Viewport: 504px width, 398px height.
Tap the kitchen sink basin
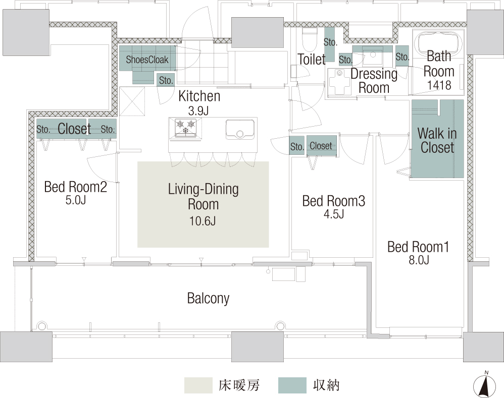click(x=240, y=129)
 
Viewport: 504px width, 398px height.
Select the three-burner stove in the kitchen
click(x=185, y=128)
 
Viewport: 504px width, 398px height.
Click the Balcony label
click(x=208, y=299)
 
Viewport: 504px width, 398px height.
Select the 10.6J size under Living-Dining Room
click(x=203, y=221)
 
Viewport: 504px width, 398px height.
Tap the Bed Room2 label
click(x=76, y=187)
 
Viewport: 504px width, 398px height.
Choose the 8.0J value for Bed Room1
click(x=419, y=260)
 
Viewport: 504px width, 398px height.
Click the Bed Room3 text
click(x=334, y=201)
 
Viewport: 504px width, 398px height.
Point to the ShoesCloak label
click(x=147, y=60)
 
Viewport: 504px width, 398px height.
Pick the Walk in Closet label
click(x=437, y=140)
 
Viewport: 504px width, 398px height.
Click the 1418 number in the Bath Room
click(x=439, y=85)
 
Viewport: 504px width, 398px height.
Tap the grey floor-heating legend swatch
click(x=198, y=385)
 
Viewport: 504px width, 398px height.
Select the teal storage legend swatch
click(x=292, y=385)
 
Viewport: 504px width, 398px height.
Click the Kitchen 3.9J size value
click(x=198, y=111)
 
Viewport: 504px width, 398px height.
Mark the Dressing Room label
click(x=374, y=81)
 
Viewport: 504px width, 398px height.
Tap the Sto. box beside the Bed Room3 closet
click(x=296, y=146)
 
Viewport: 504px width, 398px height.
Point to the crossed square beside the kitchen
click(x=132, y=101)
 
